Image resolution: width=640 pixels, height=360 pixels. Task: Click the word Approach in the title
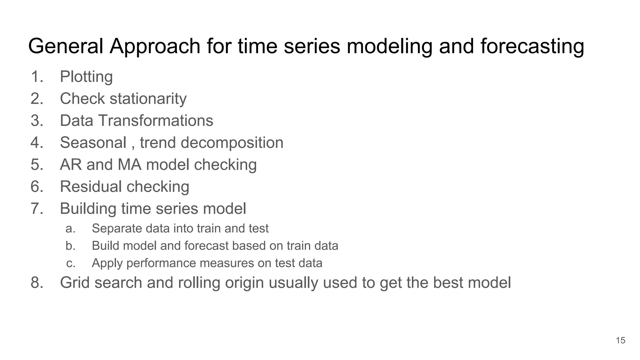click(155, 46)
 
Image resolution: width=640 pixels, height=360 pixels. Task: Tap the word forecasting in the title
click(532, 46)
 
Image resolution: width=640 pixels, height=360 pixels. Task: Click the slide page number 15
click(620, 340)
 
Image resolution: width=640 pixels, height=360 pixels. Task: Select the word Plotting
click(86, 77)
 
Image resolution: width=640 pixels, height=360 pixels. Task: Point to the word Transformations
click(156, 121)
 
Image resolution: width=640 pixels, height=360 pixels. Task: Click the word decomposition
click(232, 143)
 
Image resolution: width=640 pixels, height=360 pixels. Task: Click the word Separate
click(116, 229)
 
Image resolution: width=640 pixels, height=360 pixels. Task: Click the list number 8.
click(37, 282)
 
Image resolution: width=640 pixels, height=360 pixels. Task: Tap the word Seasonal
click(93, 143)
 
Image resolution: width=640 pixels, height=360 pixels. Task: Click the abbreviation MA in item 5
click(129, 165)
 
